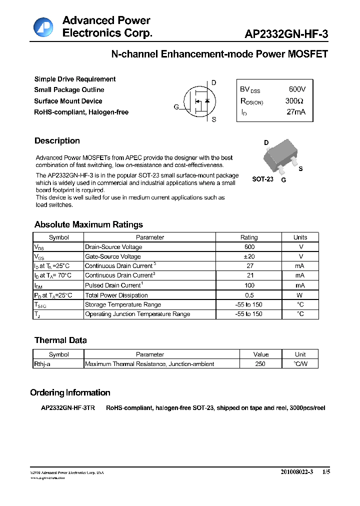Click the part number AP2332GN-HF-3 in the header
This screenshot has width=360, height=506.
pos(286,34)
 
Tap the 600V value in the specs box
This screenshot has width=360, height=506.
pos(297,89)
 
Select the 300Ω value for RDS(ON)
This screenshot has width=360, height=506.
pos(294,101)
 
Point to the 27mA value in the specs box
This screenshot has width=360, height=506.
pos(295,112)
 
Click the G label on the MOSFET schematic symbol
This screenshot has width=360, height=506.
pos(176,107)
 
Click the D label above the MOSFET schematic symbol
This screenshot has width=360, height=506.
pos(214,82)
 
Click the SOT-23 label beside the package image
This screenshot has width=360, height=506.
pos(262,179)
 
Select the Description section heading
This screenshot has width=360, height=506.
pos(57,141)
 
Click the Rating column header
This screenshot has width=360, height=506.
pos(249,237)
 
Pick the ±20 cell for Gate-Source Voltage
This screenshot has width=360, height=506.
pos(249,256)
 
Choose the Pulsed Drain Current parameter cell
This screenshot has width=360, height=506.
pos(114,285)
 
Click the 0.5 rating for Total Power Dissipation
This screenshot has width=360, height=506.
pos(249,295)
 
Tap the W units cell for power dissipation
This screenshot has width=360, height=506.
pos(300,295)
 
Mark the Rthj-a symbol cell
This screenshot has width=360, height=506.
pos(43,364)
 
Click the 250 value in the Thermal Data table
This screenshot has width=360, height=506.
pos(260,364)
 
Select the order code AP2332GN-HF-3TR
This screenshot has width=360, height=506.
pos(68,408)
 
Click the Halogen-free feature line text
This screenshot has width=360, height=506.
pos(81,112)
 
